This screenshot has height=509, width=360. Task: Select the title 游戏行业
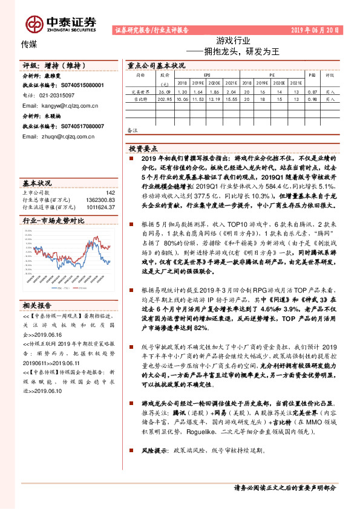[x=233, y=41]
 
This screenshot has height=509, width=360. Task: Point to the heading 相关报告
[x=38, y=305]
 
